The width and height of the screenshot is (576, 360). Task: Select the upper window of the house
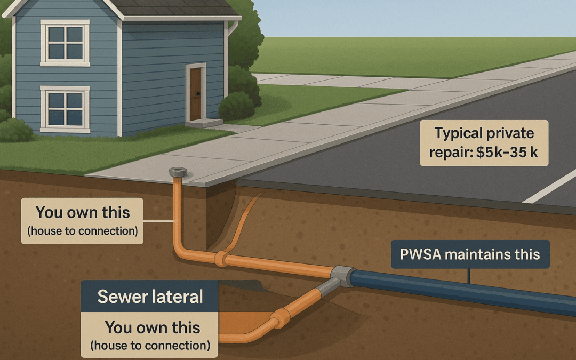tap(65, 43)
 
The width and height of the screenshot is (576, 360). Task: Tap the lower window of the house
tap(65, 109)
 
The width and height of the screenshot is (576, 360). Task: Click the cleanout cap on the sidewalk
tap(178, 172)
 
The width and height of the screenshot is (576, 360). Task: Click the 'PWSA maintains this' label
tap(470, 254)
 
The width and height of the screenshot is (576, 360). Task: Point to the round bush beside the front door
tap(236, 106)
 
